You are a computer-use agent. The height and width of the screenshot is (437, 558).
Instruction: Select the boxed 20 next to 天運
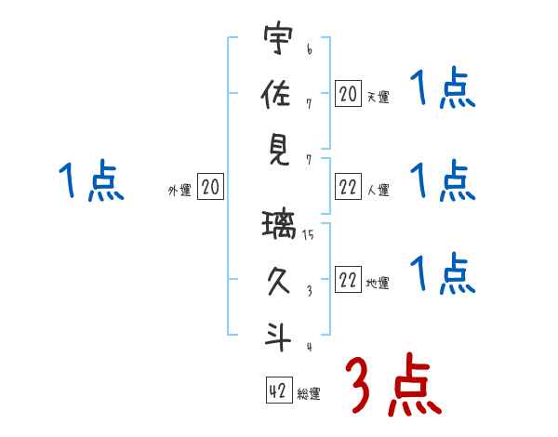[348, 93]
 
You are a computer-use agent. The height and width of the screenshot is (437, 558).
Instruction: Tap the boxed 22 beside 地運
[348, 281]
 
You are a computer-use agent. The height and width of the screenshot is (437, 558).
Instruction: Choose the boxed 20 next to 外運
[210, 187]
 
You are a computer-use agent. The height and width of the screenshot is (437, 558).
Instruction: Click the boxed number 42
[277, 391]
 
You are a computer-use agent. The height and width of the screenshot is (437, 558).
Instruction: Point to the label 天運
[378, 96]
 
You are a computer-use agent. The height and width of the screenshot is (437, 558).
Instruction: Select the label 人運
[378, 190]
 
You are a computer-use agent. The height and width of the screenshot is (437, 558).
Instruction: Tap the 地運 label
[378, 284]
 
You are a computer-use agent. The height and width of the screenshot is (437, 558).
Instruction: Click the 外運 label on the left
[179, 190]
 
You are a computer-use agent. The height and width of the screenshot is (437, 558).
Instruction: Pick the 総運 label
[309, 393]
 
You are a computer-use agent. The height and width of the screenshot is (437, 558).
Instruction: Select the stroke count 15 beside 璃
[307, 236]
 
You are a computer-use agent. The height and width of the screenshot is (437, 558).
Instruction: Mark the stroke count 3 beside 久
[308, 290]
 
